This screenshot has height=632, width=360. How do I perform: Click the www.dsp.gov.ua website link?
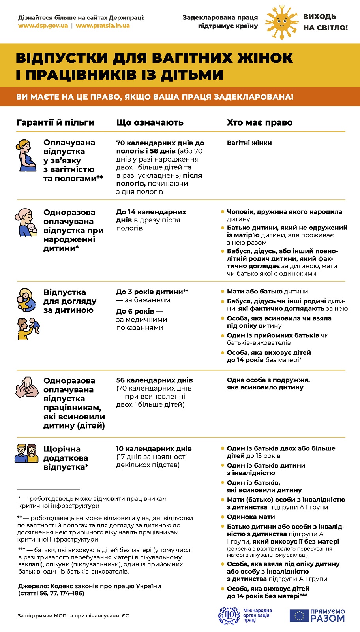point(43,26)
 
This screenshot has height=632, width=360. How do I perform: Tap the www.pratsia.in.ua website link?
point(103,26)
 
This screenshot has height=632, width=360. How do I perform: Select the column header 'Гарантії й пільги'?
point(56,122)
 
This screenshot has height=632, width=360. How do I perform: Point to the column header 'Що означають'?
point(150,122)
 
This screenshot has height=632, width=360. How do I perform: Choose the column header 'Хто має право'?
point(259,122)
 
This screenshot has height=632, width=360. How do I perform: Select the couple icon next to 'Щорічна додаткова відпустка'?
point(26,453)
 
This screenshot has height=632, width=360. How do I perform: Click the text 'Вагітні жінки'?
point(249,143)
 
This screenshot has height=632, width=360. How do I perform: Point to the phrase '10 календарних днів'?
point(154,449)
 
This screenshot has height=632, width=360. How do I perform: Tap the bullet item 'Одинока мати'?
point(251,517)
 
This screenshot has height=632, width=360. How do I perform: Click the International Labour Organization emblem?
point(229,615)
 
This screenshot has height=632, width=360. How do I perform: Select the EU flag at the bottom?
point(299,615)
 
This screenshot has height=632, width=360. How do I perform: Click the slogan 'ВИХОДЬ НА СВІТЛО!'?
point(325,22)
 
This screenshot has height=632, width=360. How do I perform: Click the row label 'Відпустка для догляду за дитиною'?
point(70,301)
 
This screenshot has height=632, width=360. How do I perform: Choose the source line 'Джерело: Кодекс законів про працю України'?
point(90,586)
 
